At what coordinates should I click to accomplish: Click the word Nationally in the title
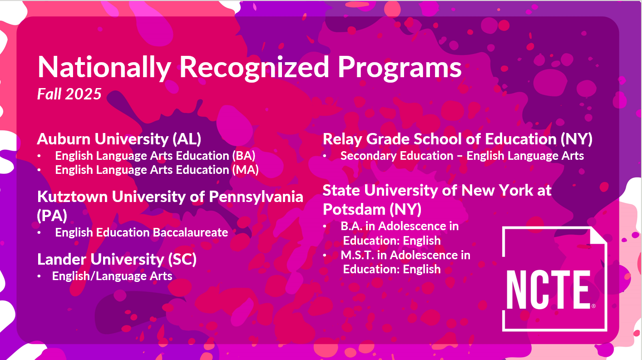pyautogui.click(x=104, y=68)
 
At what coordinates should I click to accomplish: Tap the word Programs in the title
pyautogui.click(x=400, y=68)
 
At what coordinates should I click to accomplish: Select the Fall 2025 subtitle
pyautogui.click(x=69, y=94)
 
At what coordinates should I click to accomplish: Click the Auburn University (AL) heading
pyautogui.click(x=119, y=139)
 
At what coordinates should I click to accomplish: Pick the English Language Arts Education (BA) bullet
pyautogui.click(x=155, y=156)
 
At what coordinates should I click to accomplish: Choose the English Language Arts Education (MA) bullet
pyautogui.click(x=157, y=170)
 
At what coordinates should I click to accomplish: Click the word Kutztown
pyautogui.click(x=73, y=197)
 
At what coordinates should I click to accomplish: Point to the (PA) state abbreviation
pyautogui.click(x=52, y=216)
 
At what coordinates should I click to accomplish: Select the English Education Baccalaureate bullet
pyautogui.click(x=142, y=232)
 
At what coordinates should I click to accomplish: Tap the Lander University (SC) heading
pyautogui.click(x=117, y=259)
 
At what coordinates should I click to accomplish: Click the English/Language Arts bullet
pyautogui.click(x=112, y=276)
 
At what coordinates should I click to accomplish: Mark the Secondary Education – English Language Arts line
pyautogui.click(x=462, y=156)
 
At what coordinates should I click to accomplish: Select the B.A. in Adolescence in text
pyautogui.click(x=400, y=226)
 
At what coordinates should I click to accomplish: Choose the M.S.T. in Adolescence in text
pyautogui.click(x=405, y=255)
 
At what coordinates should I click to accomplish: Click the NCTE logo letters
pyautogui.click(x=548, y=290)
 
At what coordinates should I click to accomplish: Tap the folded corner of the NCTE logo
pyautogui.click(x=598, y=235)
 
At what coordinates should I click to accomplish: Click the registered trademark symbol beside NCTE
pyautogui.click(x=593, y=306)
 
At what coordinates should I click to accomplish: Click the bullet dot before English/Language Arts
pyautogui.click(x=39, y=276)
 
